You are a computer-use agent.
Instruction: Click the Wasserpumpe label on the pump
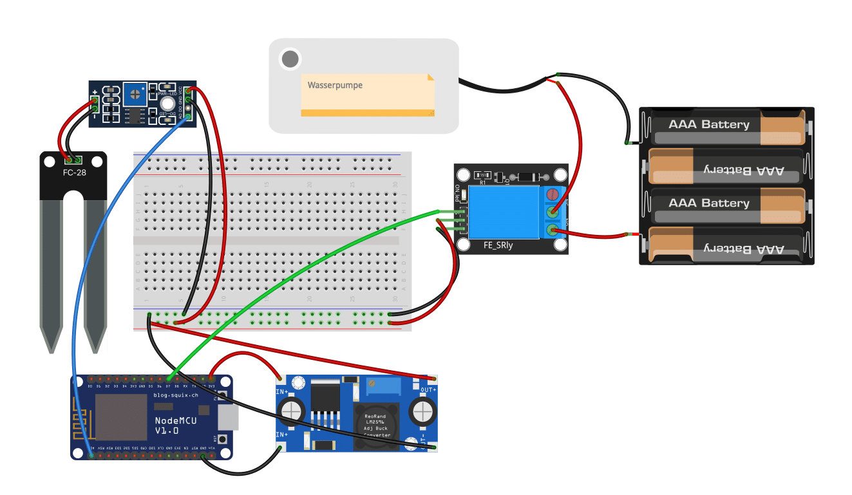point(335,85)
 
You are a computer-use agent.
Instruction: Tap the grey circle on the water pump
point(290,59)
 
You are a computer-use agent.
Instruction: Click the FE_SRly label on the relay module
point(498,245)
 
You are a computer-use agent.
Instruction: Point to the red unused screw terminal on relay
point(551,194)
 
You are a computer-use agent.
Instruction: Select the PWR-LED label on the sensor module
point(167,95)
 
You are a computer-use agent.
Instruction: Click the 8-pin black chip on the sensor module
point(135,116)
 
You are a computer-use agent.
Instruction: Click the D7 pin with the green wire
point(168,378)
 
